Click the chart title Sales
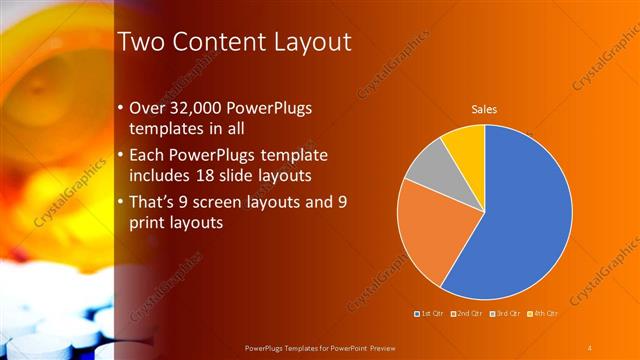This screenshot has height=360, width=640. click(485, 109)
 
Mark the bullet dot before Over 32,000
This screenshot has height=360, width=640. click(121, 108)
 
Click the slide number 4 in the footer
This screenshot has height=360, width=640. click(590, 347)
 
